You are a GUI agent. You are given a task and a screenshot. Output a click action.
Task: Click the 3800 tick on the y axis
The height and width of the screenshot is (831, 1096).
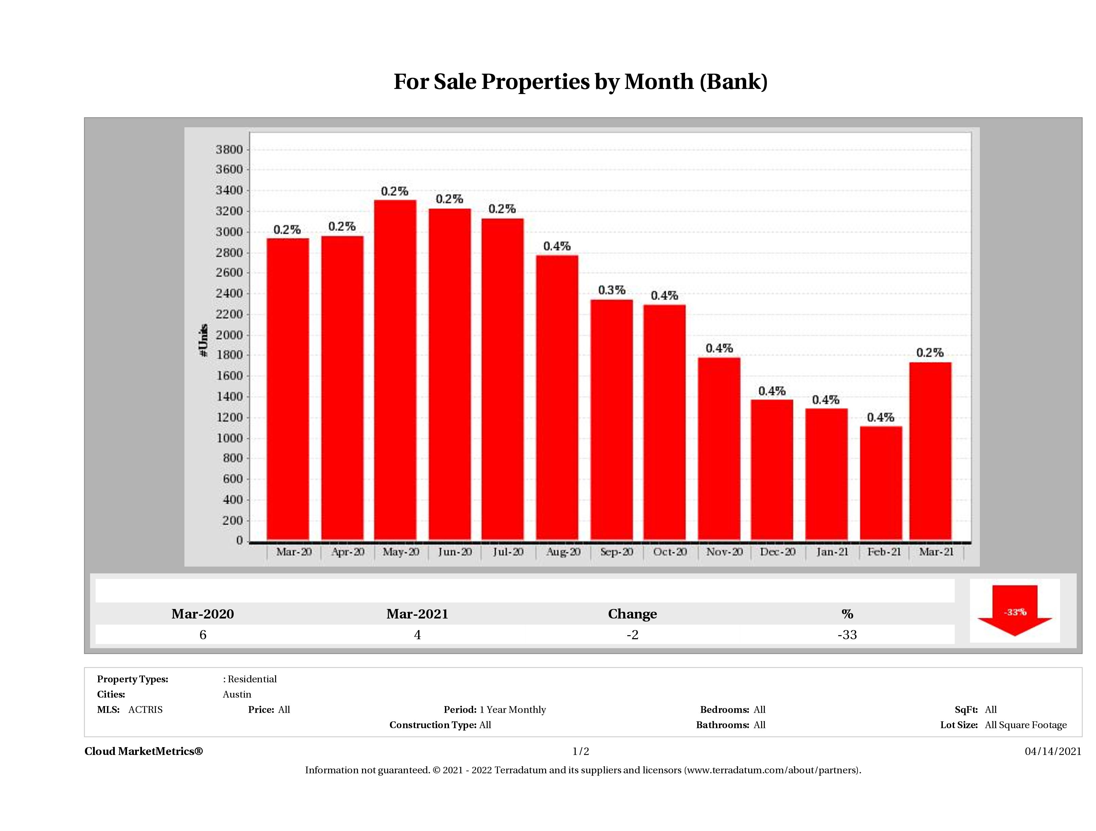pos(229,150)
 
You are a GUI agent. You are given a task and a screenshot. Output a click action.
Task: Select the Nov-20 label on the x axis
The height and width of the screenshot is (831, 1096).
pos(724,552)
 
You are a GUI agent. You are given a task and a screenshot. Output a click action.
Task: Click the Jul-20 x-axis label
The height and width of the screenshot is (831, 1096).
pos(508,552)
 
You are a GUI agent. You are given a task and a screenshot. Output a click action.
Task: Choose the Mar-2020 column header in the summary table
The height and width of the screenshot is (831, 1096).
pos(203,614)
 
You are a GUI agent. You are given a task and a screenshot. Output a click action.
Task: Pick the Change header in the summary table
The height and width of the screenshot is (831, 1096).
pos(632,614)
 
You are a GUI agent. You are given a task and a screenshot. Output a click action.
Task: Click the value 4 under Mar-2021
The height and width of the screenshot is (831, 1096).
pos(417,635)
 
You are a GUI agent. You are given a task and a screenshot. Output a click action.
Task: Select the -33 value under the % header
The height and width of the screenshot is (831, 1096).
pos(847,635)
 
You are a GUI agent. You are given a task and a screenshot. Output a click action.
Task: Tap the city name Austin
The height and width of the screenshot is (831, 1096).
pos(237,694)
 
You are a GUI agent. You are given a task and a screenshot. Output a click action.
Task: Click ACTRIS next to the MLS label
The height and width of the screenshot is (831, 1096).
pos(145,710)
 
